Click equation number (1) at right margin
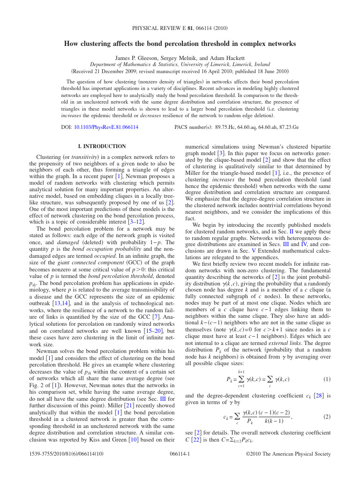click(327, 379)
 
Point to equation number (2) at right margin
click(327, 416)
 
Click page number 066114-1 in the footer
click(180, 454)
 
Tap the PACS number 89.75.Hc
click(226, 127)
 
